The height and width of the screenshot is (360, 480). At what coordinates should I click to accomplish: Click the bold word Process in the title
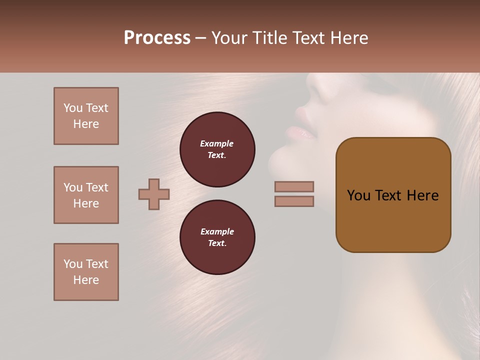[157, 38]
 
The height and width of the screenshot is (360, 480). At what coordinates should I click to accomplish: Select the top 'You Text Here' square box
[86, 116]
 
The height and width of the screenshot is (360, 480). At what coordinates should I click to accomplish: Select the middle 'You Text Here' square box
[86, 195]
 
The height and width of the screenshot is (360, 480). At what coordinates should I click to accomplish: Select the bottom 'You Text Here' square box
[86, 272]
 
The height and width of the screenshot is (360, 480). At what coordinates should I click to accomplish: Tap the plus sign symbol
[154, 194]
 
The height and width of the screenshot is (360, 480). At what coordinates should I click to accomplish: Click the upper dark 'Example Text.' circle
[217, 149]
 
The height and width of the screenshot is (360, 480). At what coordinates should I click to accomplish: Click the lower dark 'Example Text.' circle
[217, 237]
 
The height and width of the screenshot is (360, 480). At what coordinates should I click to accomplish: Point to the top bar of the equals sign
[294, 186]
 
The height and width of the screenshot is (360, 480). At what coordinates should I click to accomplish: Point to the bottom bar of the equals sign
[294, 201]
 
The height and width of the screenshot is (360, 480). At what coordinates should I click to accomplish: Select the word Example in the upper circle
[217, 143]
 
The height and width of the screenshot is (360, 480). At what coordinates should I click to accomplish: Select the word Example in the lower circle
[217, 231]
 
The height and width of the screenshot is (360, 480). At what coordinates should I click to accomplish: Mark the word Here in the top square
[86, 124]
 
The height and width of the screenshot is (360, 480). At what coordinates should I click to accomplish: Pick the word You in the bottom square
[73, 264]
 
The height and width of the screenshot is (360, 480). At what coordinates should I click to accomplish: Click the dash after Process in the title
[200, 38]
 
